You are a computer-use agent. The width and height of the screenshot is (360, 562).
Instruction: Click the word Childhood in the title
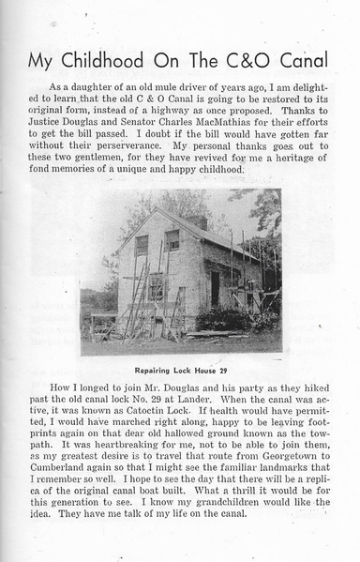[x=101, y=61]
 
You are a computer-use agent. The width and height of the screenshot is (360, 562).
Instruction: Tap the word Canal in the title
[x=297, y=61]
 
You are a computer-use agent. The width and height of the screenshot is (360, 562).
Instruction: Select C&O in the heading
[x=232, y=61]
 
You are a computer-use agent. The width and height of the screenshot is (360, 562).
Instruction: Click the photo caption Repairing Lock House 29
[x=180, y=370]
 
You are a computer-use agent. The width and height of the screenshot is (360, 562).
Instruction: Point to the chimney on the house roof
[x=199, y=221]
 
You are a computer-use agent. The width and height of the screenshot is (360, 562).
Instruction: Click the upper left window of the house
[x=142, y=245]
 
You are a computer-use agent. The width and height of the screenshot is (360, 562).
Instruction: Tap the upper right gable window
[x=172, y=239]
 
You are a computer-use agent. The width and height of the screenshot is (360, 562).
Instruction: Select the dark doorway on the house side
[x=215, y=289]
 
